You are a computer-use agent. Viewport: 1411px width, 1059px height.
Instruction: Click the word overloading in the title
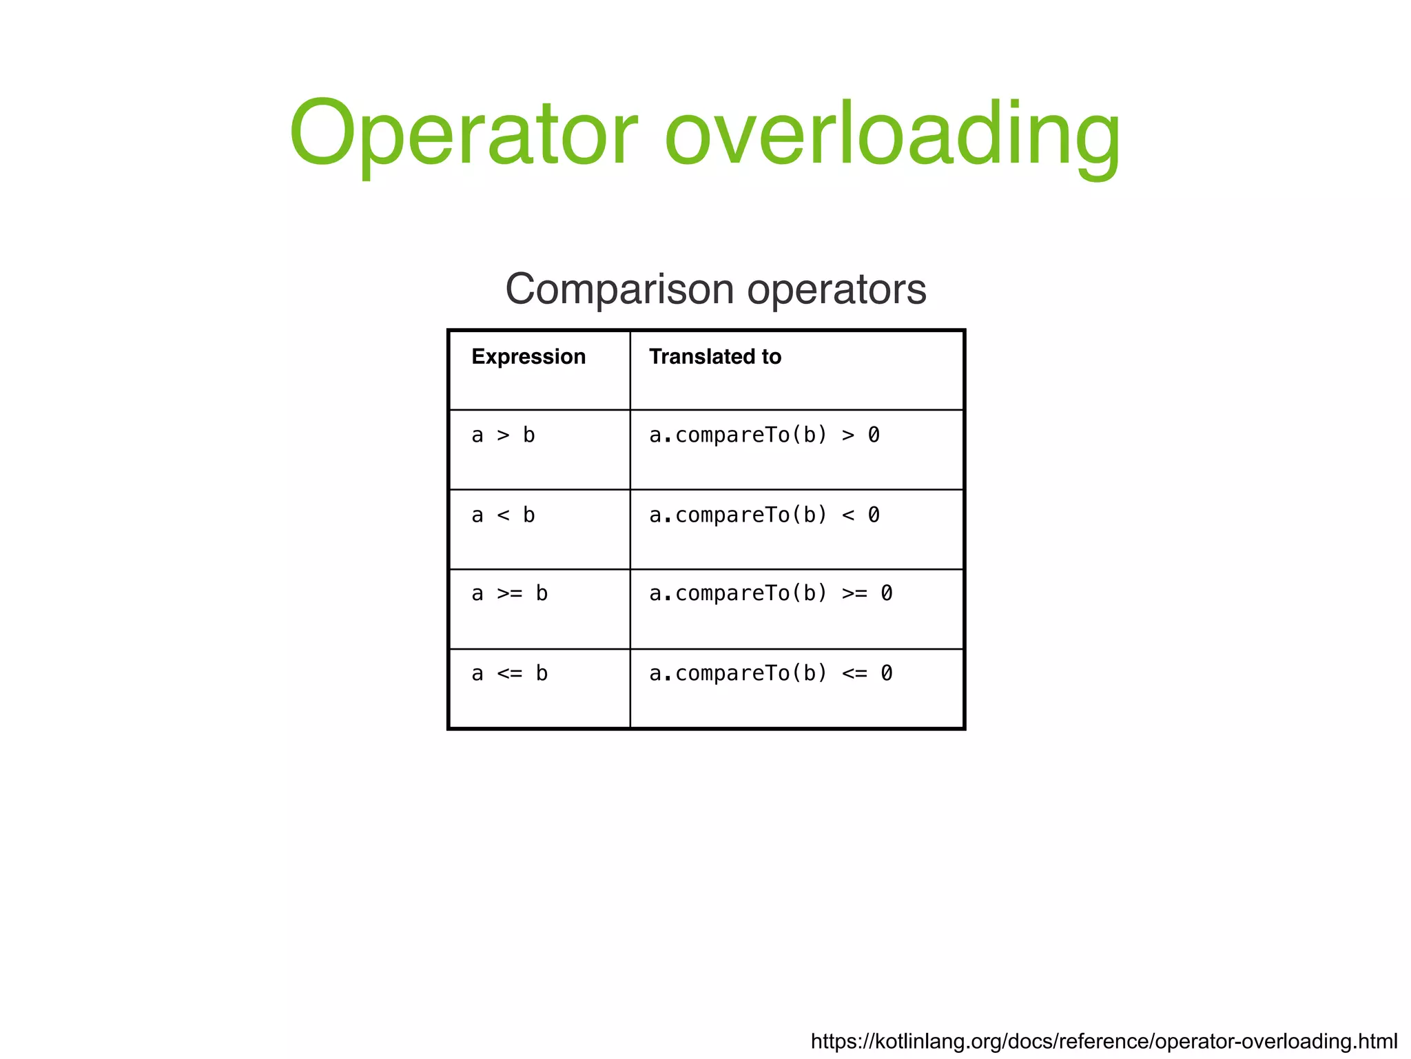(x=893, y=134)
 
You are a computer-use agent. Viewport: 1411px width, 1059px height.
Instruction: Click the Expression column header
(x=528, y=357)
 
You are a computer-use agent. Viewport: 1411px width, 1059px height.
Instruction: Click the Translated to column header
(x=715, y=357)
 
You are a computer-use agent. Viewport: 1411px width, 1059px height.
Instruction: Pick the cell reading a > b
(x=503, y=435)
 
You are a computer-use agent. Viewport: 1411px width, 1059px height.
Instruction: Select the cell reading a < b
(x=503, y=515)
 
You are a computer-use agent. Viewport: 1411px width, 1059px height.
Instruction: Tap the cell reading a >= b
(x=509, y=594)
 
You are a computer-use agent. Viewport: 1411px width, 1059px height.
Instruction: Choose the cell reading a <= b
(x=509, y=674)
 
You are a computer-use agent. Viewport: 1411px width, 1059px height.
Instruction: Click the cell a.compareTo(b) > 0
(x=764, y=435)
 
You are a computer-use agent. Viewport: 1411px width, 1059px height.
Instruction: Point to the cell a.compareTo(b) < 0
(x=764, y=515)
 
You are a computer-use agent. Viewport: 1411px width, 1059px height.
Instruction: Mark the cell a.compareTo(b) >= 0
(x=770, y=594)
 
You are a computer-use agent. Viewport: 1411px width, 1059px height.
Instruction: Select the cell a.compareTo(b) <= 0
(x=770, y=674)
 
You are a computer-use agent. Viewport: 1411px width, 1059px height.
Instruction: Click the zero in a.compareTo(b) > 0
(x=874, y=435)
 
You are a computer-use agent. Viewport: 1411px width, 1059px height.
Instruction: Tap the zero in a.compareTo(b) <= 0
(x=887, y=674)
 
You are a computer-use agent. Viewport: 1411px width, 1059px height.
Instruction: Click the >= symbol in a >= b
(x=510, y=594)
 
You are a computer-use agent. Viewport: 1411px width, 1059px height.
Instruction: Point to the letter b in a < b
(x=528, y=515)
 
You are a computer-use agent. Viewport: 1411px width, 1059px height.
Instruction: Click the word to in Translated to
(x=772, y=357)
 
